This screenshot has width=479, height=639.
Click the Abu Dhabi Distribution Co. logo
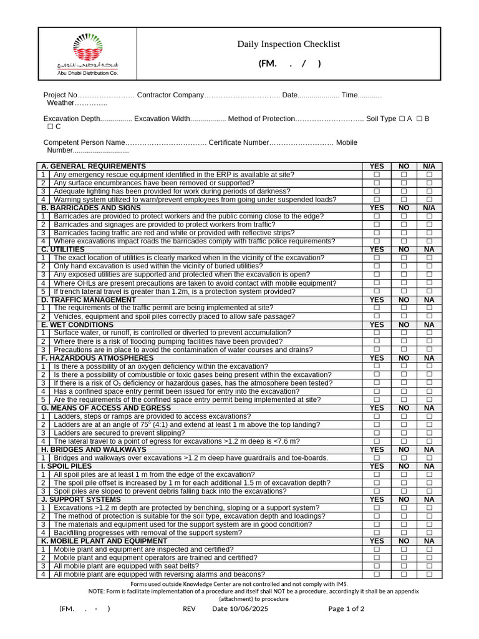pyautogui.click(x=87, y=55)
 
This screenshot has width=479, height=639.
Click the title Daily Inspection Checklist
pyautogui.click(x=288, y=44)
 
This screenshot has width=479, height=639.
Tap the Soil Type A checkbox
pyautogui.click(x=402, y=119)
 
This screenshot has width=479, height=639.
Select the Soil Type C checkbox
pyautogui.click(x=50, y=127)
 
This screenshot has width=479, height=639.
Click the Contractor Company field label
pyautogui.click(x=170, y=95)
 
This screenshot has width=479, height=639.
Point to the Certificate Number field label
pyautogui.click(x=239, y=142)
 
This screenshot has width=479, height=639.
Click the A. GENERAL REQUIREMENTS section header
pyautogui.click(x=94, y=166)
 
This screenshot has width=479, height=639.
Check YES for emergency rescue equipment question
pyautogui.click(x=377, y=175)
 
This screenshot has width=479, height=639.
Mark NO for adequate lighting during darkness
pyautogui.click(x=404, y=192)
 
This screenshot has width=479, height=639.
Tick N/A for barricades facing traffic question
pyautogui.click(x=429, y=233)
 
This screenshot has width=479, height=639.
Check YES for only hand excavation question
pyautogui.click(x=377, y=266)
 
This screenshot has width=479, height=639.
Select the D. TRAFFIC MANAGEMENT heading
pyautogui.click(x=88, y=300)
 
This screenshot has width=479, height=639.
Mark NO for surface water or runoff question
pyautogui.click(x=404, y=333)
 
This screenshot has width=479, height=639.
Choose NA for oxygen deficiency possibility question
pyautogui.click(x=429, y=366)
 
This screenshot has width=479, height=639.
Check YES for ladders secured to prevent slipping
pyautogui.click(x=377, y=433)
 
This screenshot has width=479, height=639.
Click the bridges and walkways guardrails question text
pyautogui.click(x=190, y=458)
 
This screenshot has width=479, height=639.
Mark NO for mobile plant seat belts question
pyautogui.click(x=404, y=566)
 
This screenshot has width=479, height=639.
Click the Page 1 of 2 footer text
pyautogui.click(x=346, y=609)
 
